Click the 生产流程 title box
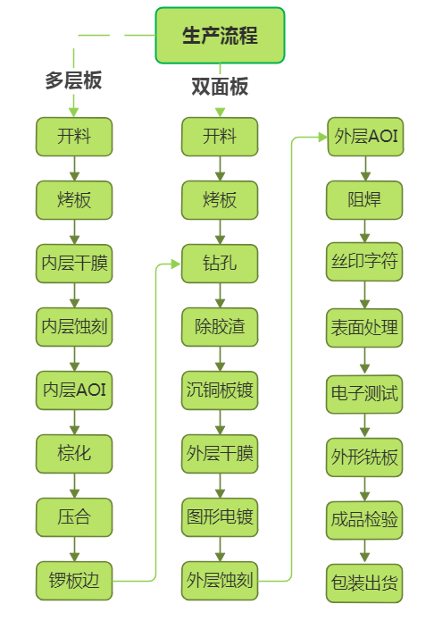point(220,35)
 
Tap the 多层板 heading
point(73,80)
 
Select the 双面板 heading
point(220,87)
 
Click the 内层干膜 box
point(74,264)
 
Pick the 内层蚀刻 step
point(74,327)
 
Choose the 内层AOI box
point(74,390)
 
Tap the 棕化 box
point(74,454)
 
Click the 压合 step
point(74,516)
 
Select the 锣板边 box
point(74,580)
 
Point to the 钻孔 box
point(220,264)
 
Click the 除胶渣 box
point(220,327)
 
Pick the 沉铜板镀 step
point(220,390)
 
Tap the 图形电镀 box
point(220,516)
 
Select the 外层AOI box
point(365,137)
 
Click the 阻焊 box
point(364,200)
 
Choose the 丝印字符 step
point(364,262)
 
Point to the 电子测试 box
point(364,394)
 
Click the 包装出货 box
point(364,583)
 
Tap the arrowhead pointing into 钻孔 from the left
point(176,264)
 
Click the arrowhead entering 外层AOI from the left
point(322,138)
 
